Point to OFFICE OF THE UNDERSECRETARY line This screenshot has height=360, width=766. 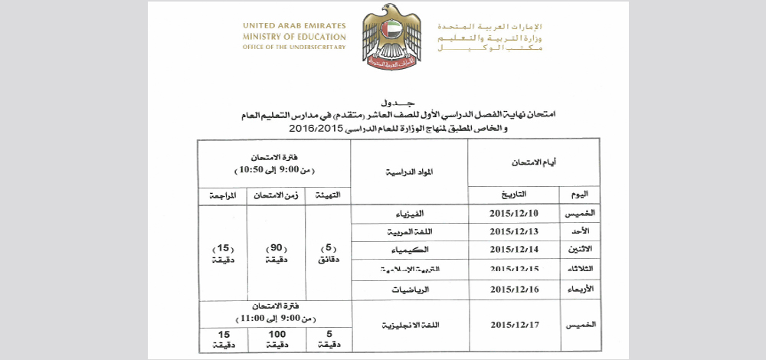(x=294, y=47)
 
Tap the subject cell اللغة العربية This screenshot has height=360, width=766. (x=409, y=231)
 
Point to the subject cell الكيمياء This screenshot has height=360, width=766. (x=409, y=250)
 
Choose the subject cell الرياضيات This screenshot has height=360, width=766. (x=409, y=290)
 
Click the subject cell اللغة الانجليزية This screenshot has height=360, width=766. (x=409, y=326)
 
